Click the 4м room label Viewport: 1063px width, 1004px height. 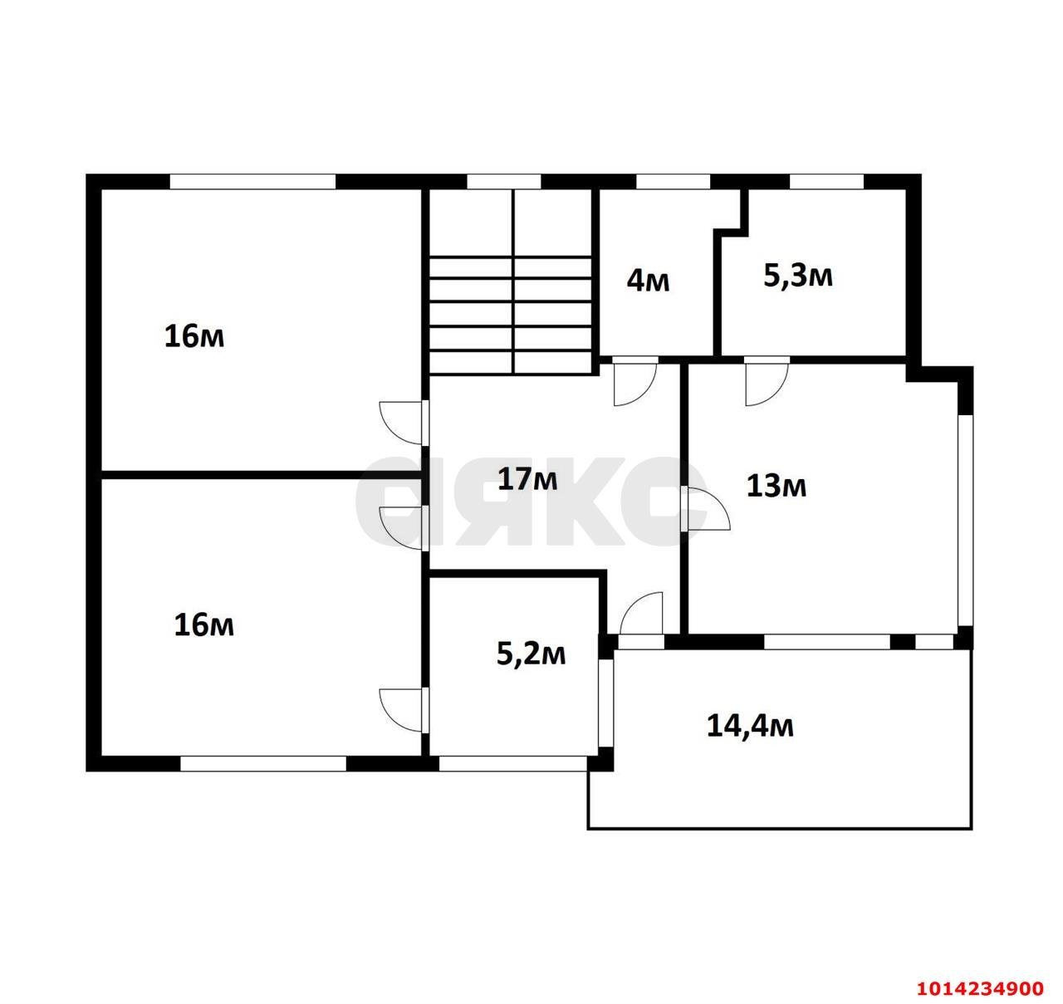pyautogui.click(x=648, y=281)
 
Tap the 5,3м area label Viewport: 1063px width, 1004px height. pyautogui.click(x=797, y=277)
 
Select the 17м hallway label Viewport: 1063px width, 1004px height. pyautogui.click(x=527, y=478)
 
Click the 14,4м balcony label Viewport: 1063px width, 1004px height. pyautogui.click(x=750, y=726)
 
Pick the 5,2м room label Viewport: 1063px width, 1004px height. pyautogui.click(x=531, y=654)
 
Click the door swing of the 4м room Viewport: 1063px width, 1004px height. pyautogui.click(x=634, y=384)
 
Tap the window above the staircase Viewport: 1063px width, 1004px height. pyautogui.click(x=503, y=182)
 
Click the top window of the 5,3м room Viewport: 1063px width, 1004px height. pyautogui.click(x=826, y=182)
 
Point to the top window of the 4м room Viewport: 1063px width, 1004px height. pyautogui.click(x=673, y=182)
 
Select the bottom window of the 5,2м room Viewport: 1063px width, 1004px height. pyautogui.click(x=512, y=763)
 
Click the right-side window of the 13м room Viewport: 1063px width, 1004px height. pyautogui.click(x=965, y=521)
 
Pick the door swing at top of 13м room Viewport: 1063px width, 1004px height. pyautogui.click(x=767, y=384)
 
